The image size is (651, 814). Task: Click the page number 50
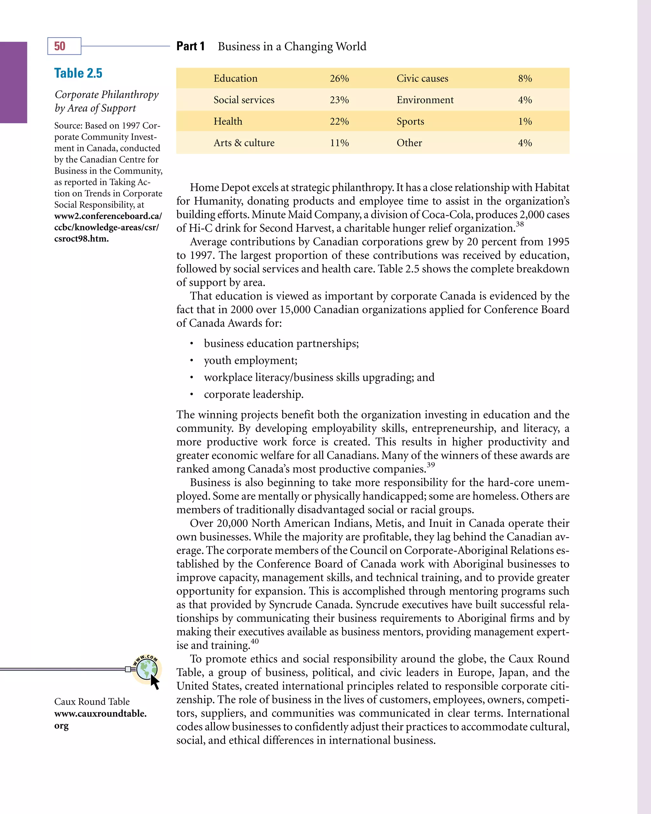(x=60, y=46)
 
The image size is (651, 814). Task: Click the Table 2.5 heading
(x=78, y=73)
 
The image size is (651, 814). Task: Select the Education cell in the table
(x=236, y=79)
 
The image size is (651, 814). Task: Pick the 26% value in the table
(x=339, y=79)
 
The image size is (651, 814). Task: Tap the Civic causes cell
(x=422, y=79)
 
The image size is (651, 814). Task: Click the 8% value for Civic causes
(x=525, y=79)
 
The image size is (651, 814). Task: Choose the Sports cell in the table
(x=410, y=121)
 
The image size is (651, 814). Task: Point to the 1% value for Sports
(x=525, y=121)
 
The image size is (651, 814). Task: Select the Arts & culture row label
(x=244, y=143)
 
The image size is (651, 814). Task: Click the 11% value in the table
(x=339, y=143)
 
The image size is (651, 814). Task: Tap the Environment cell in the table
(x=425, y=100)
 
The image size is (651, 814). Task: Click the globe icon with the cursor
(x=147, y=670)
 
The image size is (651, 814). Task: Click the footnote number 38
(x=520, y=224)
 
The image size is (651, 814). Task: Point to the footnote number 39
(x=431, y=465)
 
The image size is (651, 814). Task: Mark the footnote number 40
(x=255, y=641)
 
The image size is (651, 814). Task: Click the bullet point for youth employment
(x=192, y=361)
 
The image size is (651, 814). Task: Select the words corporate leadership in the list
(x=253, y=395)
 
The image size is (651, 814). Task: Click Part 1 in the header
(x=191, y=46)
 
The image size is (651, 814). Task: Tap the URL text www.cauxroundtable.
(x=100, y=714)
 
